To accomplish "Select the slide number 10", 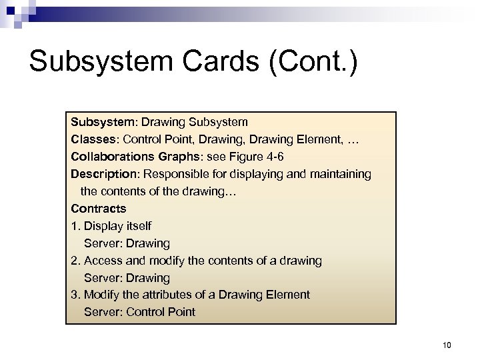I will (447, 345).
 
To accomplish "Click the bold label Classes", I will (93, 139).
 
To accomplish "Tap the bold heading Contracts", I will (99, 209).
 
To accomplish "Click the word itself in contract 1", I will (136, 226).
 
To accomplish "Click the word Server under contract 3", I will (102, 312).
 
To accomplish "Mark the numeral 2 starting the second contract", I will (75, 261).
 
